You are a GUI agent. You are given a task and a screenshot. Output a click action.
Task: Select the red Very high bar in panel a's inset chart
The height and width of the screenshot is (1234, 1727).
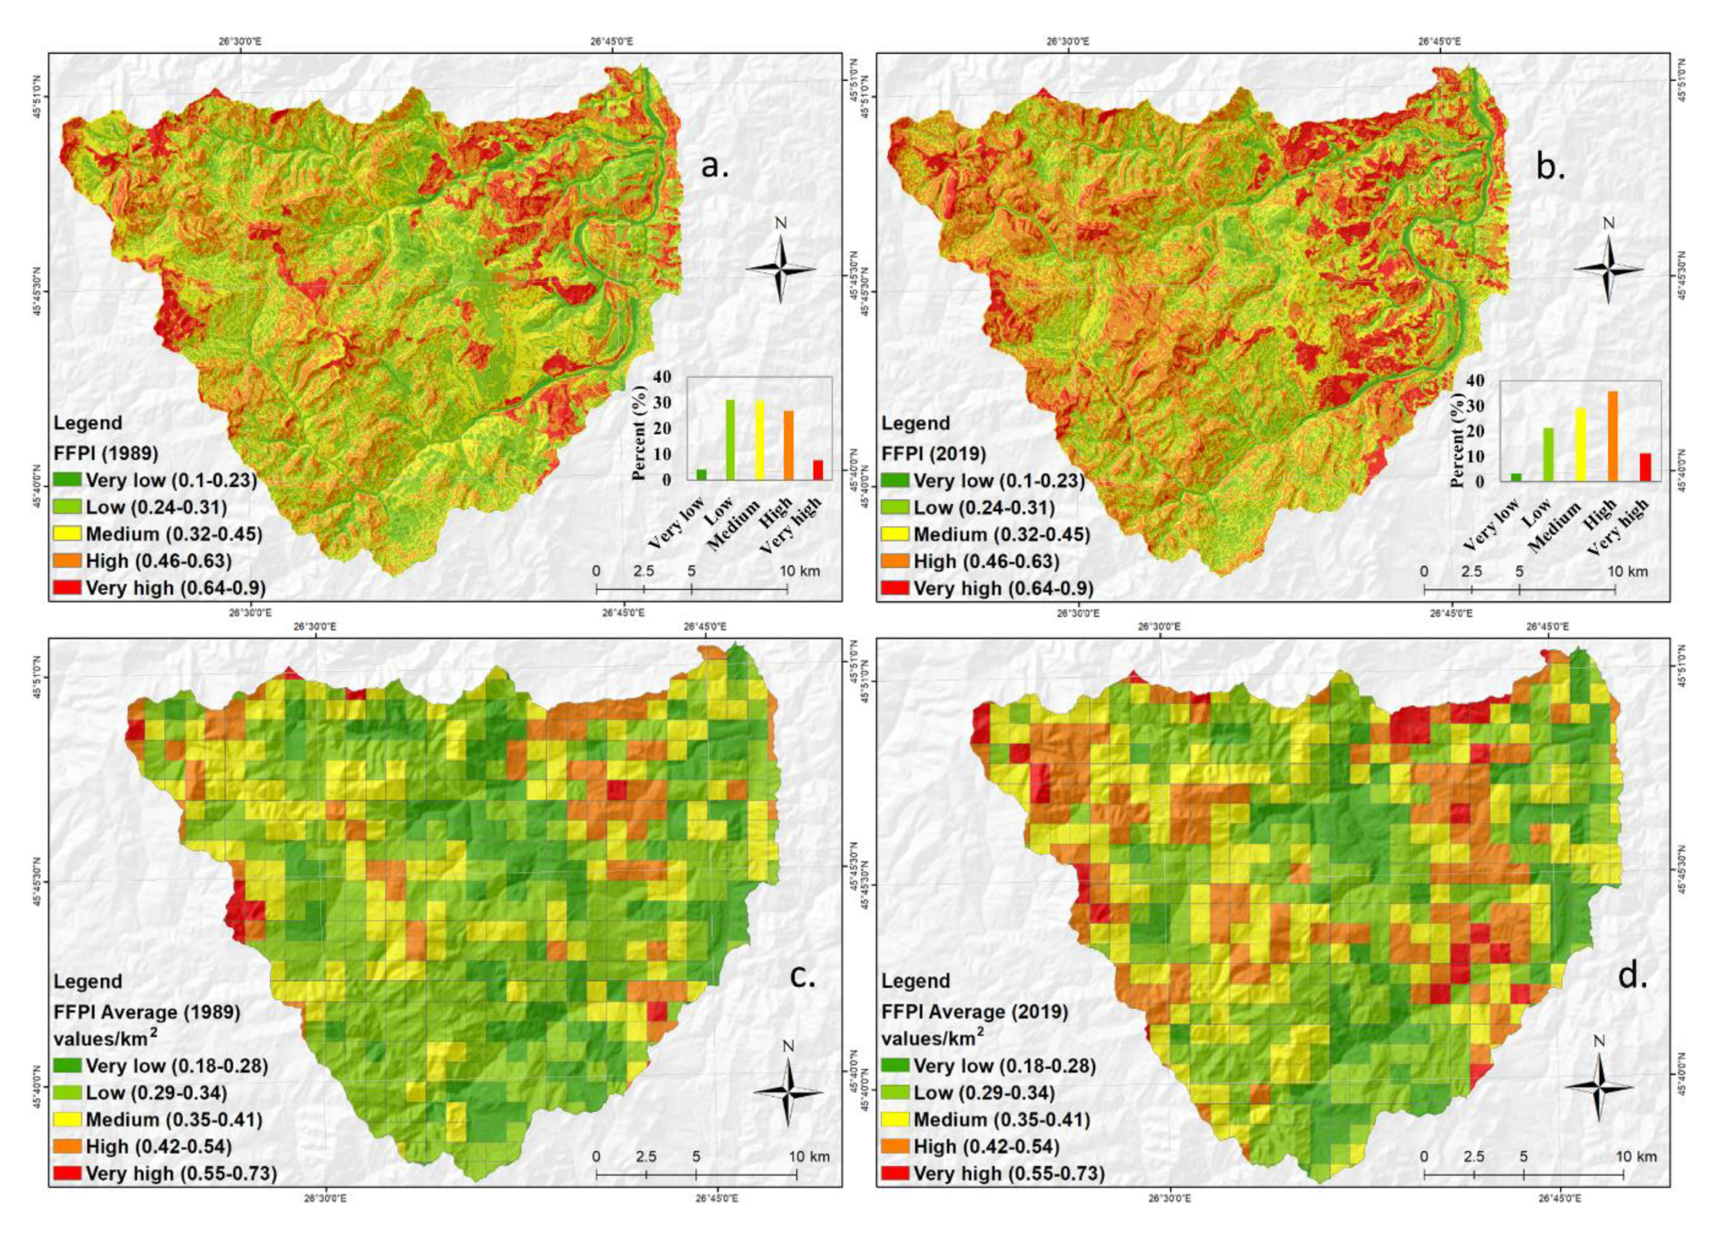point(818,470)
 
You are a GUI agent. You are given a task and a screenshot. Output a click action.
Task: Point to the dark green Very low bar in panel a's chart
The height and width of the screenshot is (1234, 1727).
point(701,475)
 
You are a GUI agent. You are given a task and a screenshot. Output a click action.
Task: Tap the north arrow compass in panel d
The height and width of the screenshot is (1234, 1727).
point(1599,1087)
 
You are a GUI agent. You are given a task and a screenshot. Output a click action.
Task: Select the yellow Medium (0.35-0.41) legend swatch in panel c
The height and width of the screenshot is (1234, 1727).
point(67,1119)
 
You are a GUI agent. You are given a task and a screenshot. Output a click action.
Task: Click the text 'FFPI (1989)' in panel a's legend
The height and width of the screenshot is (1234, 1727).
point(106,454)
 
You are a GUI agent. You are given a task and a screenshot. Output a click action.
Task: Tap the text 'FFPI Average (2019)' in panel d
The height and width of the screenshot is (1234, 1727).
point(974,1012)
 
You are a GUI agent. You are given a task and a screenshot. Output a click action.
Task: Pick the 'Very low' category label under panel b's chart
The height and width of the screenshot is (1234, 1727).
point(1490,524)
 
